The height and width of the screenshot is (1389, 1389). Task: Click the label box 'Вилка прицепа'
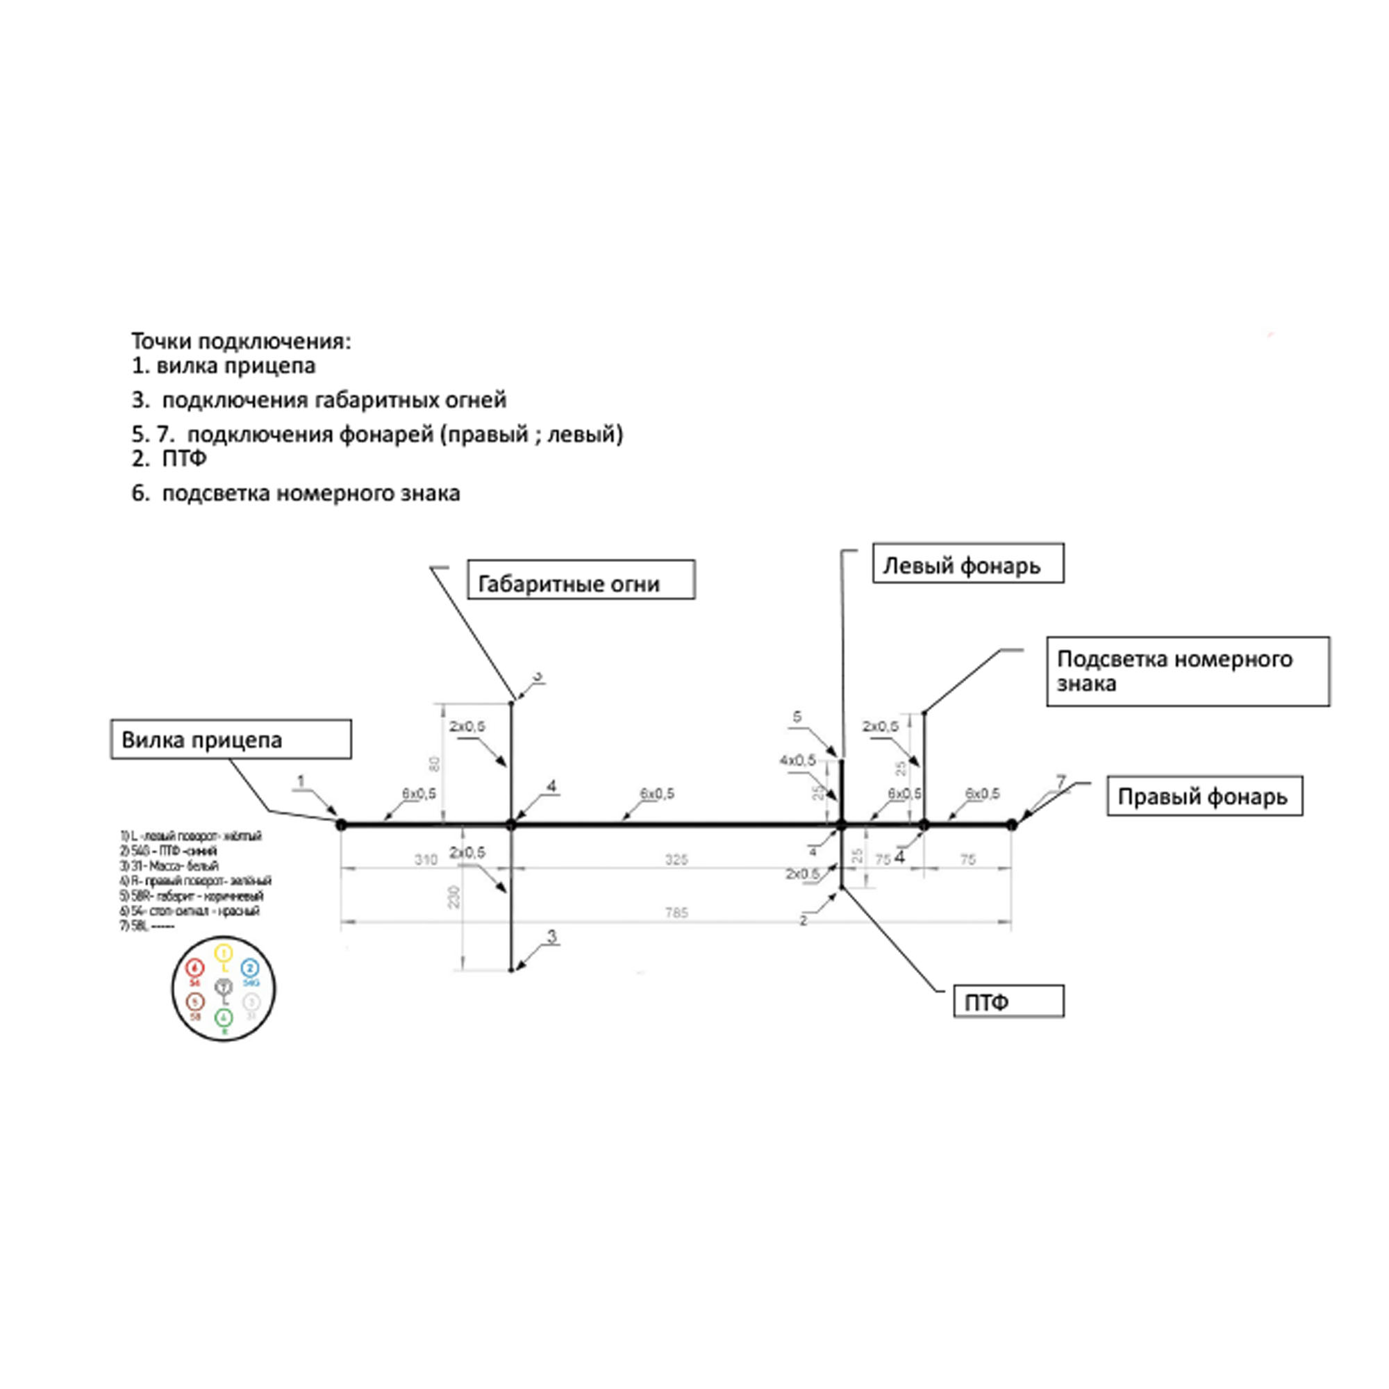tap(231, 739)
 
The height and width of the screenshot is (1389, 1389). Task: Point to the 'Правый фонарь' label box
tap(1204, 797)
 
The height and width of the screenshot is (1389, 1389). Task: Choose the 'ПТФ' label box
tap(1008, 1001)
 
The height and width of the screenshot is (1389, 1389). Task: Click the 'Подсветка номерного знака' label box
tap(1187, 671)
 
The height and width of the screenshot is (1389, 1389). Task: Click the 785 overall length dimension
tap(676, 913)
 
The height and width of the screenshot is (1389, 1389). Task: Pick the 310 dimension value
tap(426, 860)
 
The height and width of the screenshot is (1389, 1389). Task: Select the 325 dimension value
tap(676, 860)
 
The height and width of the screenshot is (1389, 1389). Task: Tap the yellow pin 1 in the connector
tap(224, 954)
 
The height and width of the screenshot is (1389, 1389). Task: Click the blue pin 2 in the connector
tap(249, 967)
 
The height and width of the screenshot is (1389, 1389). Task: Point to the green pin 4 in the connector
tap(224, 1017)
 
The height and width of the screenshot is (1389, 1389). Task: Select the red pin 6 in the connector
tap(195, 968)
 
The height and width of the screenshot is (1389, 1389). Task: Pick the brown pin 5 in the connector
tap(195, 1001)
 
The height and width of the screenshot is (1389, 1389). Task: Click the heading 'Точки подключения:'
tap(242, 342)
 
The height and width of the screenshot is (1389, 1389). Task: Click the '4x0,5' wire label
tap(797, 760)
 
